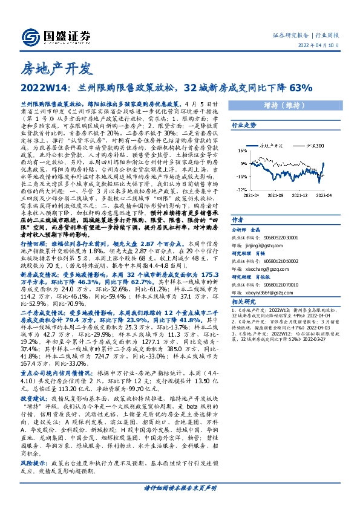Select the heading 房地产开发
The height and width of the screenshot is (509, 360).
click(x=56, y=66)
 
